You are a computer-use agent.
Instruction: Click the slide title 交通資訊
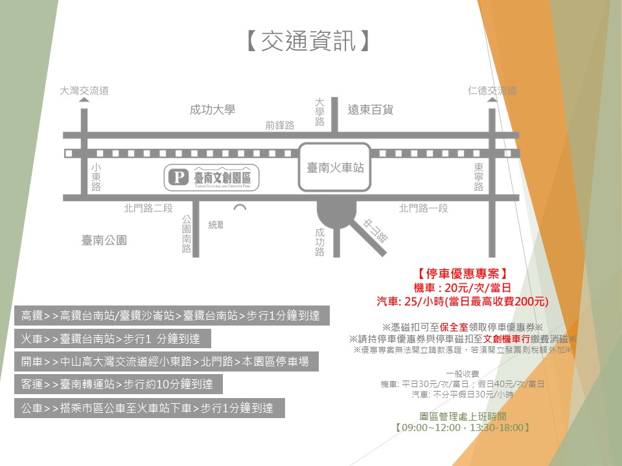coord(310,41)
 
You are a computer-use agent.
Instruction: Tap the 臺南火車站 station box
coord(335,167)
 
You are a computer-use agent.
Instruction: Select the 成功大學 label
coord(212,110)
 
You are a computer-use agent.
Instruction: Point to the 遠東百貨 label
coord(371,110)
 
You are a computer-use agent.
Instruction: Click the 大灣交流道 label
coord(84,91)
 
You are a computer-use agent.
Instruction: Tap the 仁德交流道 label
coord(492,91)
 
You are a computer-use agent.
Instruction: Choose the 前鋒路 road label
coord(280,125)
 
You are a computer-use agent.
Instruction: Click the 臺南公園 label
coord(104,241)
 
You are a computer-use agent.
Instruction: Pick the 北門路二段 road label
coord(148,208)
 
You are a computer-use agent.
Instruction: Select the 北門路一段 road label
coord(424,208)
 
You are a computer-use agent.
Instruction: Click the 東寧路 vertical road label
coord(478,177)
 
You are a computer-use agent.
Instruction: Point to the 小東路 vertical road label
coord(96,177)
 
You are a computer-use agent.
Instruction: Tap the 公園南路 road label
coord(187,234)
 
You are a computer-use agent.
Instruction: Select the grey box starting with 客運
coord(118,384)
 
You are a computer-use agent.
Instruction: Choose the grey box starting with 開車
coord(166,362)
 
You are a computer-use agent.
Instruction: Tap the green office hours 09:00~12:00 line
coord(463,428)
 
